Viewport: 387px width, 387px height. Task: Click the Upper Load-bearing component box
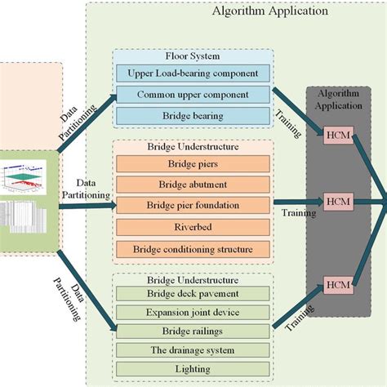(193, 74)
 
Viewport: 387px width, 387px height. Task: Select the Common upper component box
(193, 94)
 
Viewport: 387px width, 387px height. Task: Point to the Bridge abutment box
(193, 184)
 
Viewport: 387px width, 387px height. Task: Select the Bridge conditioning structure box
(193, 247)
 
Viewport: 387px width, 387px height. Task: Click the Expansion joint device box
(193, 313)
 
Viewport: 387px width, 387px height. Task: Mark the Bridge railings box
(193, 331)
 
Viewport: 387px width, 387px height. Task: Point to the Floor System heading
(193, 57)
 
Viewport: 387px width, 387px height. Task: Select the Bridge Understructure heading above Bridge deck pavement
(193, 278)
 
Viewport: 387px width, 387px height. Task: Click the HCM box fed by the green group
(338, 284)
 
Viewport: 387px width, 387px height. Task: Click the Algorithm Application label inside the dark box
(337, 100)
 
